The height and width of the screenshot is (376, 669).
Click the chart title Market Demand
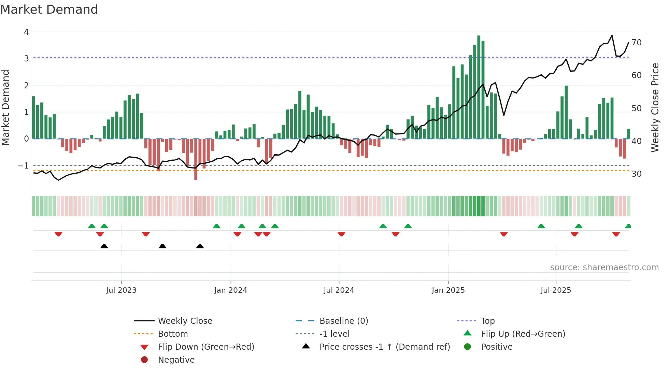[49, 10]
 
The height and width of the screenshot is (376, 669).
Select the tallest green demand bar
[479, 87]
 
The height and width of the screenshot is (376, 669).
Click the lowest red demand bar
[196, 159]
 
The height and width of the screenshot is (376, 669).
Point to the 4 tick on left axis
[27, 32]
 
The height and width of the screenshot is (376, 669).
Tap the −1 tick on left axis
[24, 166]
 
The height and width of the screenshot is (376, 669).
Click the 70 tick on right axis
[637, 43]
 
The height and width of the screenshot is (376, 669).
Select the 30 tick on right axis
[637, 174]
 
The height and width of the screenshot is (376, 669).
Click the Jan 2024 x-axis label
[231, 290]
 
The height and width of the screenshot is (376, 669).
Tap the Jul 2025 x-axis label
[556, 290]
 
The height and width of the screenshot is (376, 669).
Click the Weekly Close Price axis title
[655, 107]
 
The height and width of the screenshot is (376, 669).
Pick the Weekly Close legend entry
[185, 321]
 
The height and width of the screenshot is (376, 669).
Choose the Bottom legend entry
[173, 334]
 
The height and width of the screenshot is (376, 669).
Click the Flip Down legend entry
[206, 347]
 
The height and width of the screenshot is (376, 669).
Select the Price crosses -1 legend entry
[384, 347]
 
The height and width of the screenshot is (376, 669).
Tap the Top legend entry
[488, 321]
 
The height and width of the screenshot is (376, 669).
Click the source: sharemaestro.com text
[604, 267]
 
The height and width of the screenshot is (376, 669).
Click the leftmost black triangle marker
[104, 246]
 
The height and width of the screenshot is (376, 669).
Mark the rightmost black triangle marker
[200, 246]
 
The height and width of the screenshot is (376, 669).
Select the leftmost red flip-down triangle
[58, 234]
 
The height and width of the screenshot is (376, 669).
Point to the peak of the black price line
[612, 35]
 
